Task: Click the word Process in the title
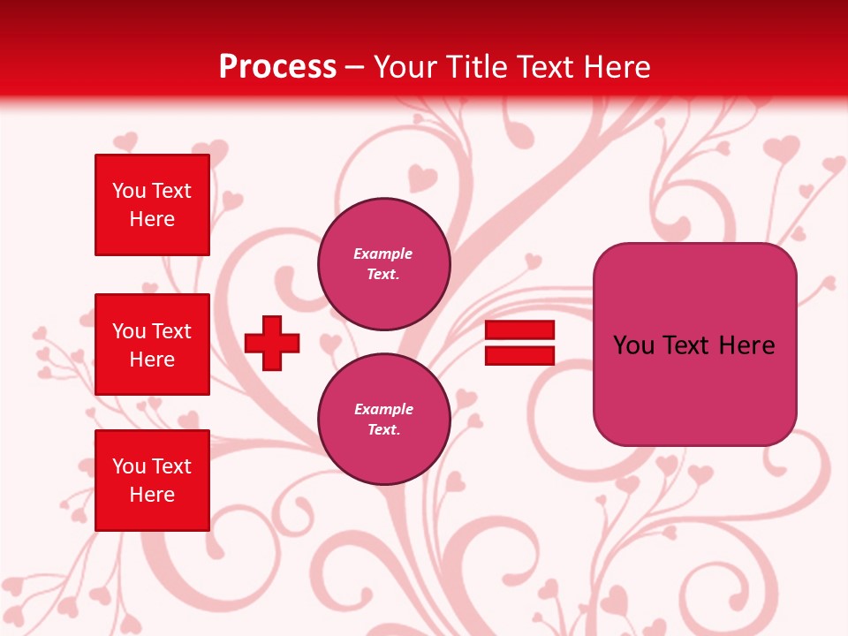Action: [x=277, y=67]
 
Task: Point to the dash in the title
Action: [x=355, y=68]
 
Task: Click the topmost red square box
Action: [x=152, y=205]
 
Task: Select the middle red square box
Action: [x=152, y=344]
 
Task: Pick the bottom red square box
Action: [x=152, y=480]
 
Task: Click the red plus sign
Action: [x=272, y=343]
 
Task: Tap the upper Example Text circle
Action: [x=383, y=264]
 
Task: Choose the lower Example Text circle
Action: [x=383, y=420]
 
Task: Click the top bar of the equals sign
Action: [x=519, y=330]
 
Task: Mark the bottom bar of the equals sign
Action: [x=519, y=355]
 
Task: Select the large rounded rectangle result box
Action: [x=694, y=344]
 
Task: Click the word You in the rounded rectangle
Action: [x=633, y=345]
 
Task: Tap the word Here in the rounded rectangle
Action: [x=746, y=345]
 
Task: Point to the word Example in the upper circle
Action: [x=383, y=254]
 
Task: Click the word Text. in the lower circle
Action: [x=383, y=429]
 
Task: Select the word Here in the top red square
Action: [x=152, y=219]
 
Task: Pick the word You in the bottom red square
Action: [x=129, y=466]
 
